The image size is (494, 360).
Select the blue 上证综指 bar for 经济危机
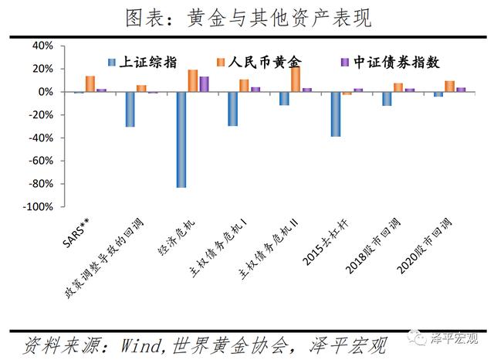(x=181, y=139)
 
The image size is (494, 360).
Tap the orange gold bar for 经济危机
(x=193, y=81)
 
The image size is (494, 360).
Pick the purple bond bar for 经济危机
(x=204, y=84)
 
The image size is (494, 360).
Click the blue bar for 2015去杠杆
(x=336, y=114)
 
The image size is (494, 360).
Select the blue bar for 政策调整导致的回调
(x=130, y=109)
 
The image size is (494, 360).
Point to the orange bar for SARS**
(x=90, y=84)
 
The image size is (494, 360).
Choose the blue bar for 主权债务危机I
(x=232, y=109)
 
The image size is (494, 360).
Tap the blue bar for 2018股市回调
(x=387, y=99)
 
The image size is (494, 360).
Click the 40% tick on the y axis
(x=42, y=46)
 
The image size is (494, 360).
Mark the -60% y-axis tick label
(x=40, y=161)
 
